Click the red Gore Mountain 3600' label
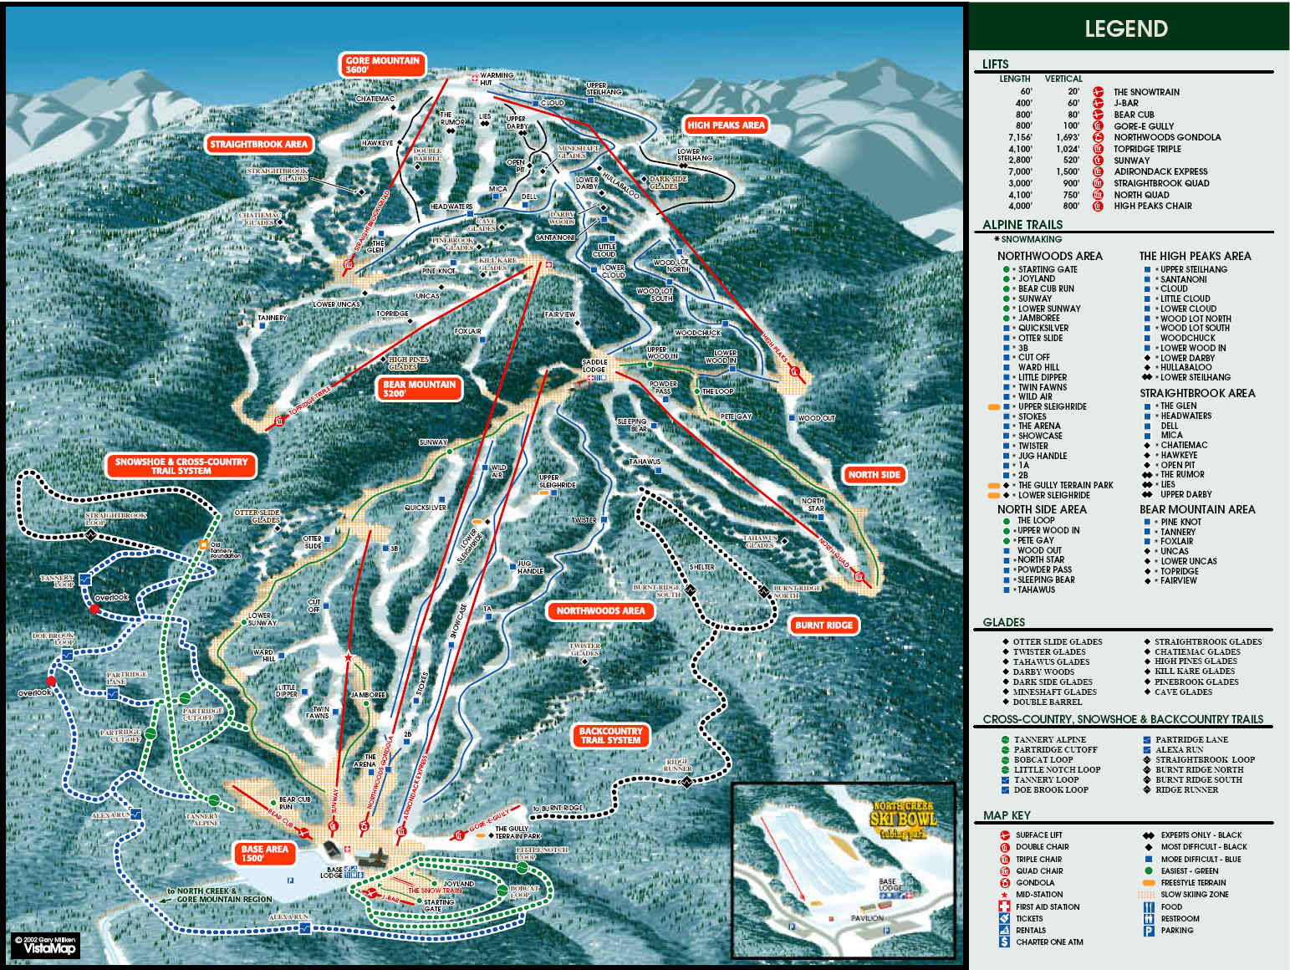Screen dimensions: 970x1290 point(383,64)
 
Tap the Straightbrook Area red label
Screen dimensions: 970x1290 point(259,145)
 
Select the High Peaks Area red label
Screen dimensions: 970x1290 point(726,125)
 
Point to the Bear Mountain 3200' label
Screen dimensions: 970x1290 point(420,389)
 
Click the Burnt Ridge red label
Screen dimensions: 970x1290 point(823,625)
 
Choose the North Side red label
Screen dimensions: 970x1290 point(874,475)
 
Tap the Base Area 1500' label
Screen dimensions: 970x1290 point(264,853)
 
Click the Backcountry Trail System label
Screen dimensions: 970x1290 point(611,735)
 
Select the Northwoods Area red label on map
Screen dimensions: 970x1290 point(600,611)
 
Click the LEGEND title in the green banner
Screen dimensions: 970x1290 point(1125,29)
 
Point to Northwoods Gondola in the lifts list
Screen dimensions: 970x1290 point(1167,137)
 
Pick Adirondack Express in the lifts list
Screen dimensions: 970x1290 point(1160,171)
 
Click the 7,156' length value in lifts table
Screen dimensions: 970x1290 point(1020,137)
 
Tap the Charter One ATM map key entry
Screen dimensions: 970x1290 point(1049,942)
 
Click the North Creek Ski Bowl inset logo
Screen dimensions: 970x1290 point(903,819)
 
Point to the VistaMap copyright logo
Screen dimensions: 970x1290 point(47,946)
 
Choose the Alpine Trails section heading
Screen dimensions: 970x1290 point(1022,225)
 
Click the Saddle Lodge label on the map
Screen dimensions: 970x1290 point(594,365)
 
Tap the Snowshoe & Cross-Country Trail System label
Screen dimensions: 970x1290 point(181,466)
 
